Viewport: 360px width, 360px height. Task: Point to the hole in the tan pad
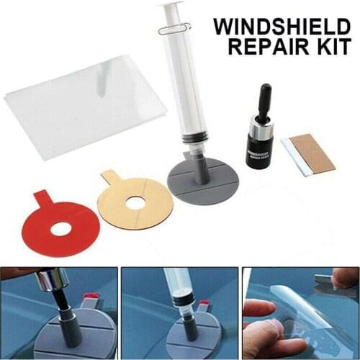(x=136, y=203)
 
